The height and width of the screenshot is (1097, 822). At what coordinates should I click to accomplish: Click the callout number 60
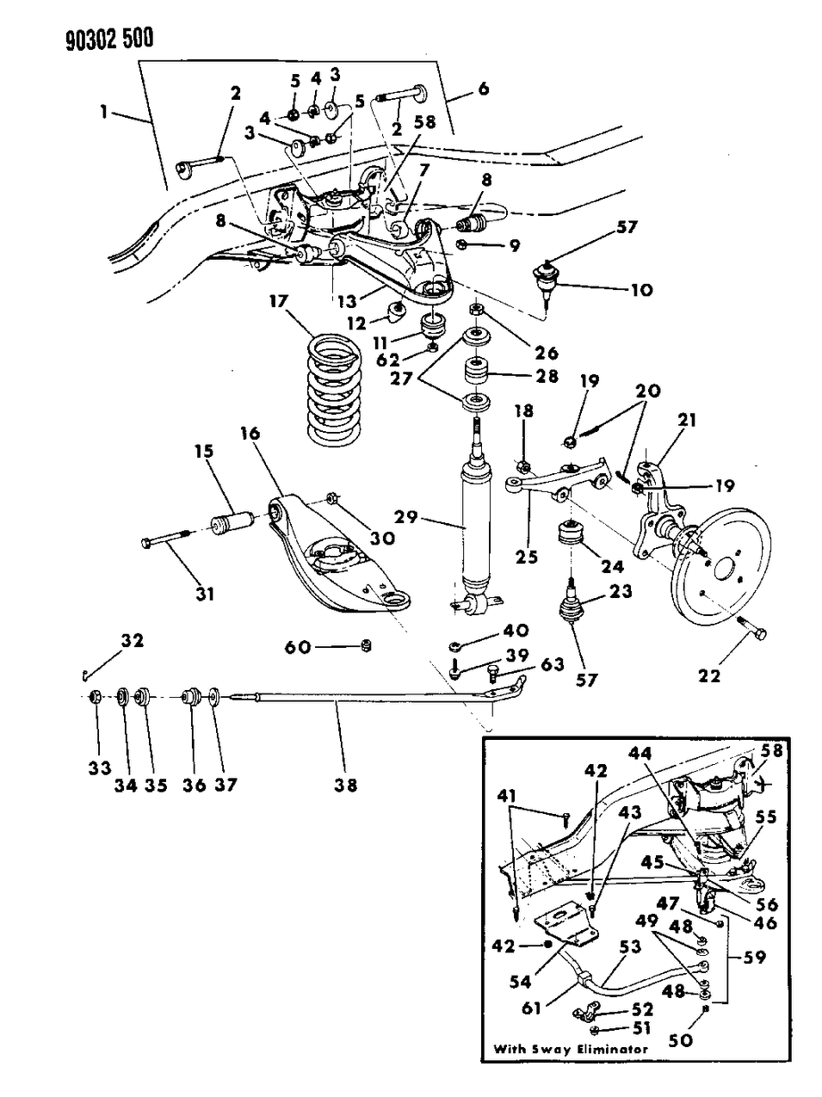[x=298, y=647]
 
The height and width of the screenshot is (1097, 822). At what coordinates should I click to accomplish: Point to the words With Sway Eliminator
[x=571, y=1049]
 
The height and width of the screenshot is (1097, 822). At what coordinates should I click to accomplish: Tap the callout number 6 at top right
[x=482, y=88]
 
